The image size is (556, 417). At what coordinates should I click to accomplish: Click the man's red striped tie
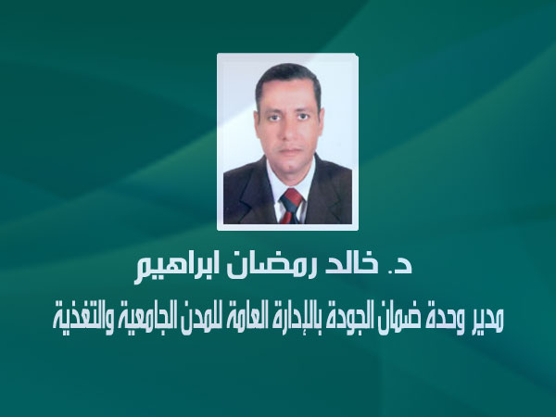[x=292, y=206]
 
